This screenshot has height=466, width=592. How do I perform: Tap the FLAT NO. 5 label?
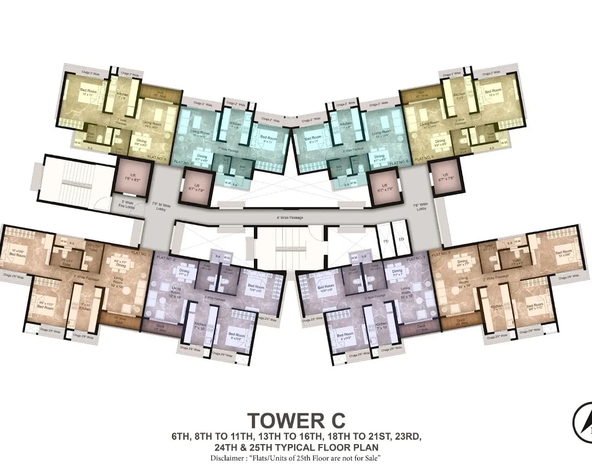click(x=425, y=158)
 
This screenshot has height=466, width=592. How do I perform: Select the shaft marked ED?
click(x=401, y=239)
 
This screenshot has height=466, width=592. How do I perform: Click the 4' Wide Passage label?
click(x=290, y=217)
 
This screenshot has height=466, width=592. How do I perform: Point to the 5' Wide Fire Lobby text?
click(x=127, y=204)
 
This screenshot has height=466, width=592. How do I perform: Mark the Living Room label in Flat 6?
click(x=383, y=133)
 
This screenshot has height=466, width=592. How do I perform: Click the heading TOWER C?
click(x=296, y=421)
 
